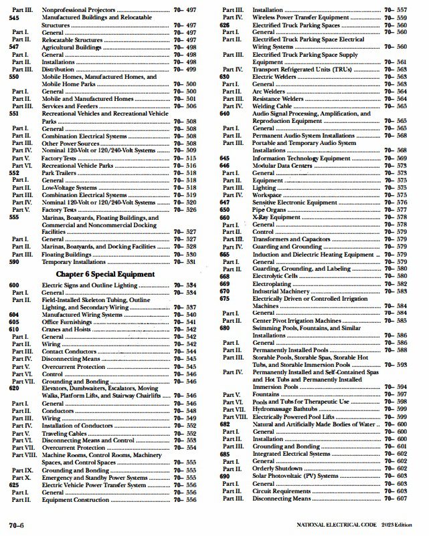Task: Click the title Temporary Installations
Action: (x=75, y=262)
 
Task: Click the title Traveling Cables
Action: (x=66, y=433)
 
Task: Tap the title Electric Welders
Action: (x=272, y=77)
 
